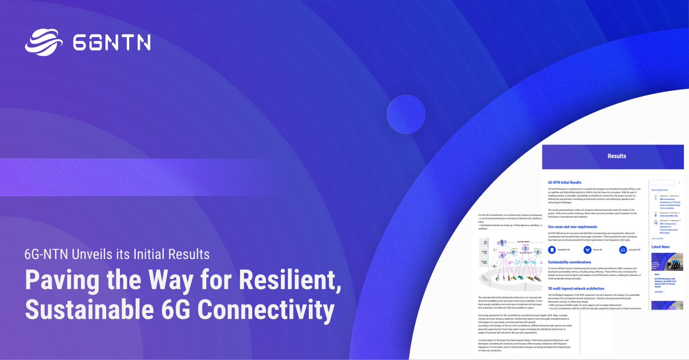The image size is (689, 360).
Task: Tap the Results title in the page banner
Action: (x=617, y=156)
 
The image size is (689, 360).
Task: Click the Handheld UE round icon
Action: (x=552, y=250)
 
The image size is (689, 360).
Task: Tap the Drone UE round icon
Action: (x=587, y=250)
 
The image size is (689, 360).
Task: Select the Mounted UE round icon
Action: (x=623, y=250)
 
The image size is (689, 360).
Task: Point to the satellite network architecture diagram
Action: (x=508, y=261)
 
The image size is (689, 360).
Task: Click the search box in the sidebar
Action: (x=662, y=183)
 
